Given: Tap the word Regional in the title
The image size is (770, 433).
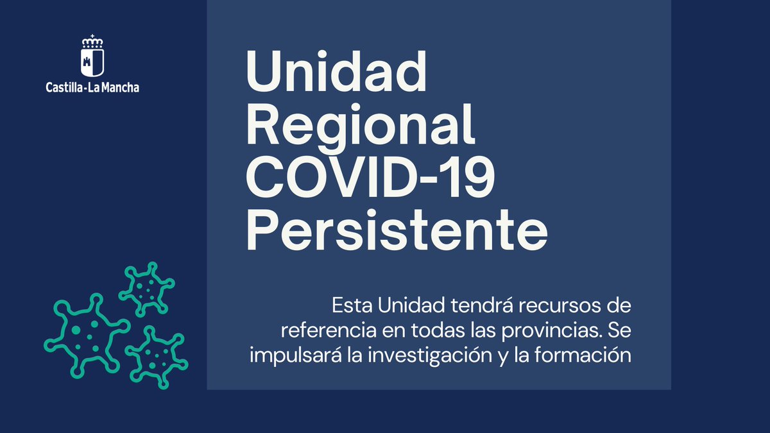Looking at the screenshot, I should [x=361, y=128].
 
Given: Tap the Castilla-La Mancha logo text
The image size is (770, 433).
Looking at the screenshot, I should [x=92, y=87].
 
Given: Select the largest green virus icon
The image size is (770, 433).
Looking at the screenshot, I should [x=87, y=333].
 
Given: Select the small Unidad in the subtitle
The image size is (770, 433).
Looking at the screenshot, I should [x=407, y=305].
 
